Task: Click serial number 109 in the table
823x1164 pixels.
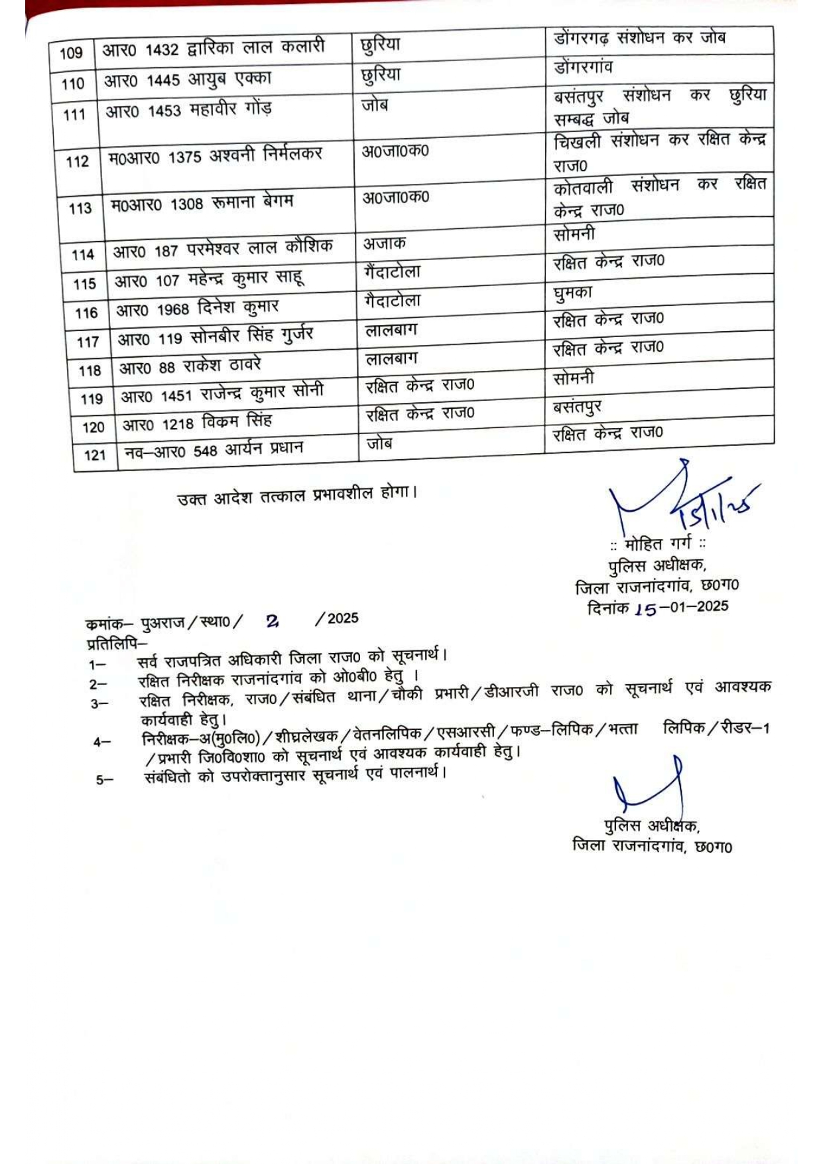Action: [71, 53]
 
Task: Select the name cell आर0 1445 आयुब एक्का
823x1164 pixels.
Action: [188, 80]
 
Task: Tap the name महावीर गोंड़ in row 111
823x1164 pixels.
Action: [231, 109]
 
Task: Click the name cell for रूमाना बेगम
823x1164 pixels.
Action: [202, 203]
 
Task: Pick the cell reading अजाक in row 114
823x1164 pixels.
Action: [384, 244]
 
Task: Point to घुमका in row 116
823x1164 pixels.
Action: [572, 292]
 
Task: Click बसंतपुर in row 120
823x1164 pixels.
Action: [577, 406]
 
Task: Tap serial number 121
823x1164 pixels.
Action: [95, 455]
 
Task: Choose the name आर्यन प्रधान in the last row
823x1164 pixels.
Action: [264, 449]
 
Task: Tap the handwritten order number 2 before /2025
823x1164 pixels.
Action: [272, 621]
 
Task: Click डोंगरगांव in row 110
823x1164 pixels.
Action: [583, 67]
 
